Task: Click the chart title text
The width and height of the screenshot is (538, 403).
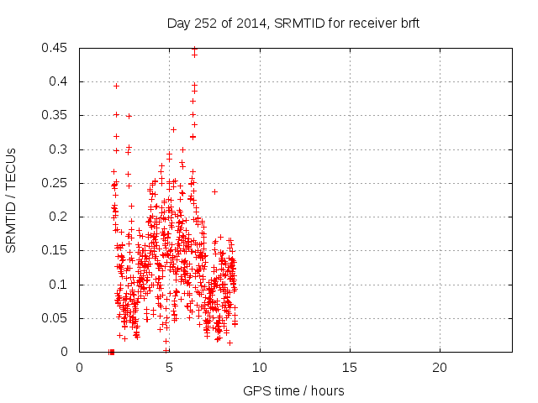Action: (x=293, y=24)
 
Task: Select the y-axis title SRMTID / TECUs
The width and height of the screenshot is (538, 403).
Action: (x=12, y=200)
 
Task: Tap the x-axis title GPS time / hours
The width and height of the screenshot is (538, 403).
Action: (x=293, y=390)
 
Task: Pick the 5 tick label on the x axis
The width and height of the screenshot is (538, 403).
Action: (x=170, y=368)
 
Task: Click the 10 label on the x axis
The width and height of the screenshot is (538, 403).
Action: (x=260, y=368)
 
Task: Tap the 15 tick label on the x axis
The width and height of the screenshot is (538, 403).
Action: (x=350, y=368)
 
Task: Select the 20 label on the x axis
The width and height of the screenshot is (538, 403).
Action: (x=440, y=368)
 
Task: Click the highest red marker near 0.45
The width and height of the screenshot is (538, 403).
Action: (x=194, y=49)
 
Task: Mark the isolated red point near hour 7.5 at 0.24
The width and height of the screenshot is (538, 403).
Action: (x=214, y=191)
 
